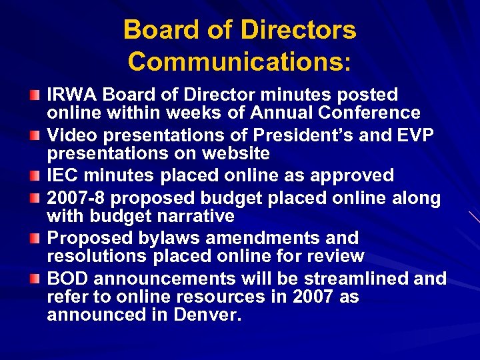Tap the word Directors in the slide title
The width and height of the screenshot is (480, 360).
click(298, 30)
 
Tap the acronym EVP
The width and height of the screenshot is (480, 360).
click(415, 135)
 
